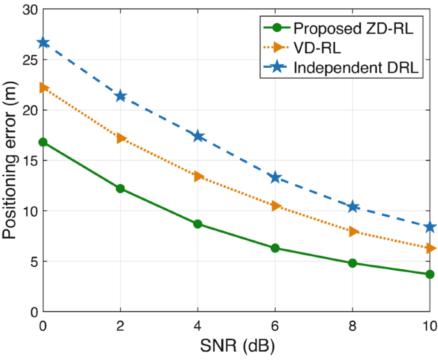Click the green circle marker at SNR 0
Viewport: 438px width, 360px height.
[43, 142]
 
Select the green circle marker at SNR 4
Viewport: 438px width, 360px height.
[198, 224]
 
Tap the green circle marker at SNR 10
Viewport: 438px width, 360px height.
[430, 274]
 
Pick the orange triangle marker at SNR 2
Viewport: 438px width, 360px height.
[121, 138]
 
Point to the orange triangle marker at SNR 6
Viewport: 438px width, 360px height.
[276, 206]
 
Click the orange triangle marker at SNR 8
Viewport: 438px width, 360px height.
[353, 231]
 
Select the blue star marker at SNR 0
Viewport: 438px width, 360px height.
[43, 43]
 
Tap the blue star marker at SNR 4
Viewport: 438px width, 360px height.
[198, 136]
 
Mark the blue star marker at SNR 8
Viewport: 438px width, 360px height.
[352, 207]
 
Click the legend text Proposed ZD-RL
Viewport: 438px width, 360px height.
[354, 28]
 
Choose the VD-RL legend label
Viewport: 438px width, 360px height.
[317, 48]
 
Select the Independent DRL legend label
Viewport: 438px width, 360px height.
[356, 68]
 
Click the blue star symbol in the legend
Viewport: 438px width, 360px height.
[277, 67]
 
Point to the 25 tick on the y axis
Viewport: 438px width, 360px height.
[30, 60]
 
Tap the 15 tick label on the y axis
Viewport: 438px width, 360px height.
[30, 161]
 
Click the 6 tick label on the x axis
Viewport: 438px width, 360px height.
[275, 326]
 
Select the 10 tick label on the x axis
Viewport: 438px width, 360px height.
[430, 326]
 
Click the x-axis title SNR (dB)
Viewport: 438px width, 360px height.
[237, 347]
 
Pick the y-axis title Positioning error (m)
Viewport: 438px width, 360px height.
[10, 160]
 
